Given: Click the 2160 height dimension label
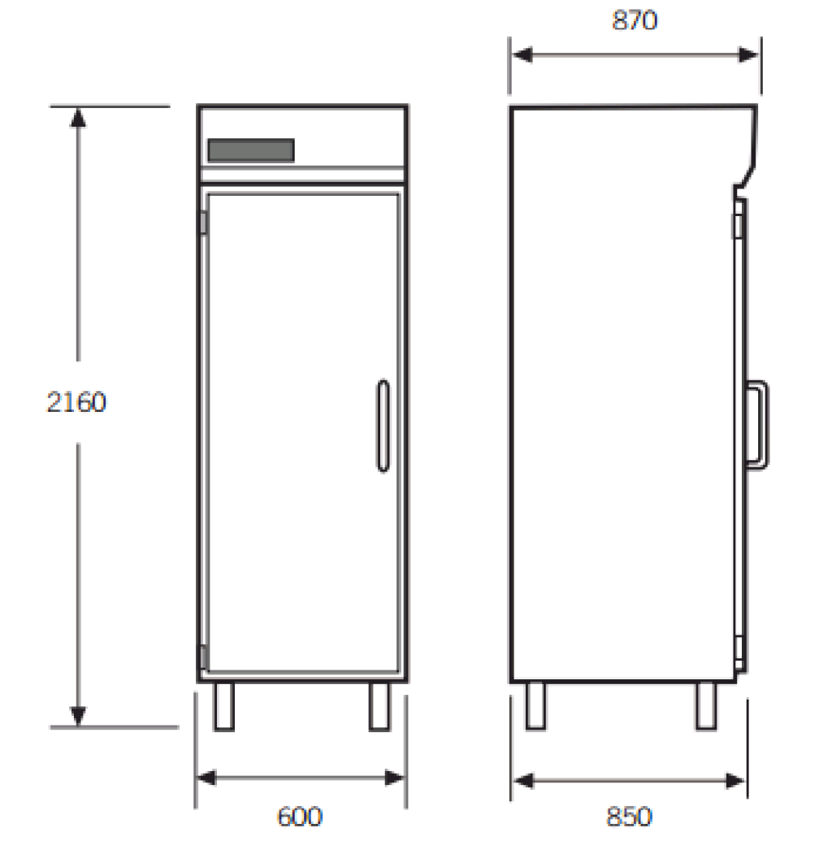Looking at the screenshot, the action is pos(76,402).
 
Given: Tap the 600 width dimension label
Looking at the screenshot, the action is pos(300,817).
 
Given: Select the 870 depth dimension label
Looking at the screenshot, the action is pos(635,20).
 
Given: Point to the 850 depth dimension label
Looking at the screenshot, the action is pos(629,817).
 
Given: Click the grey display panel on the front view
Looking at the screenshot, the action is pos(251,150).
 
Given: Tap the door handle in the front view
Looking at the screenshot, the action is pos(383,426).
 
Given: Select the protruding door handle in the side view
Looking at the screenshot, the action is pos(758,425).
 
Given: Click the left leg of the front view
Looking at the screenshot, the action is pos(224,706).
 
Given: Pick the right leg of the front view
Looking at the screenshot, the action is pos(379,706).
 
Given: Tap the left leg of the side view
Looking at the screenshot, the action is pos(535,706).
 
